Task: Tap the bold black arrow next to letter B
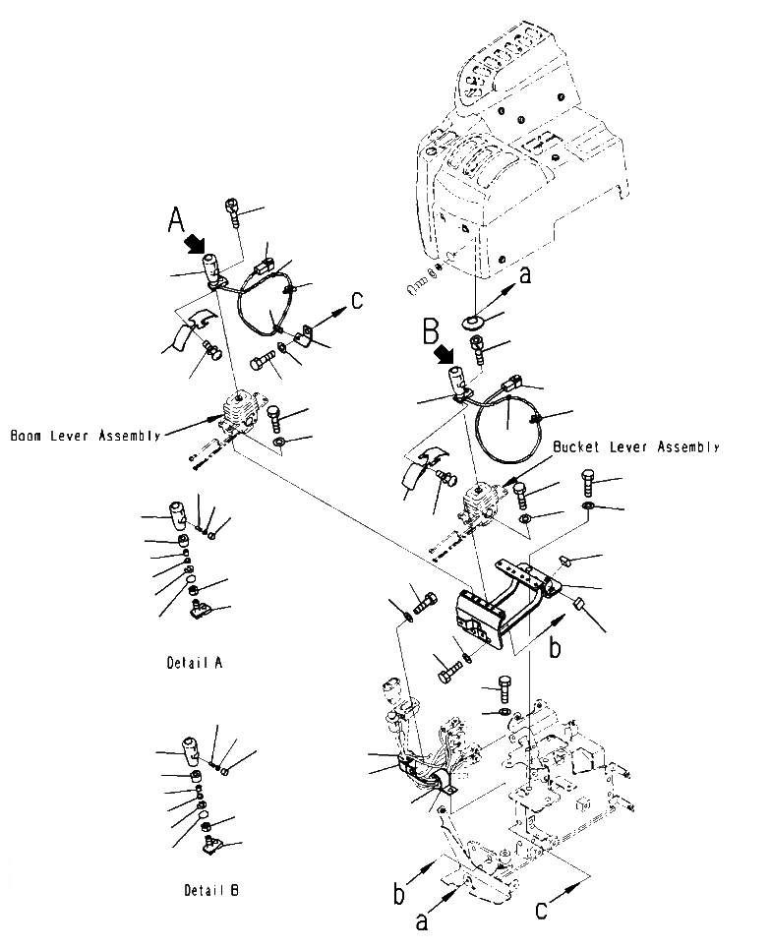click(449, 353)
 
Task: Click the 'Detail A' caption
click(194, 663)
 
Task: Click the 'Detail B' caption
click(211, 891)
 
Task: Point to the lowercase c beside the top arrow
click(356, 299)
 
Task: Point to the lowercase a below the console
click(524, 276)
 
